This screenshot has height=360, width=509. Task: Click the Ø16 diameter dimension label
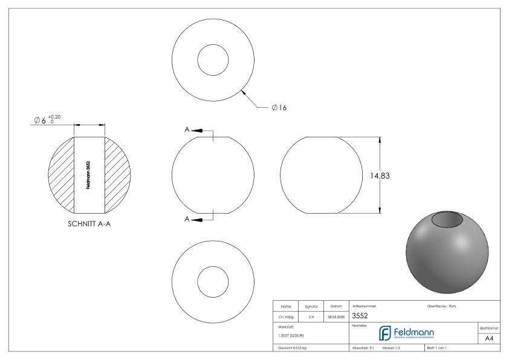[279, 108]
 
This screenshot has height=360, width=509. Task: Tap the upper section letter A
[188, 129]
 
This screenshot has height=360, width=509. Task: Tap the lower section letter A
[188, 218]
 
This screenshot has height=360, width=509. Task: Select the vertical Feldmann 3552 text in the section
[89, 175]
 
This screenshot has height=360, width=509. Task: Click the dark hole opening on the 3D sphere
[450, 219]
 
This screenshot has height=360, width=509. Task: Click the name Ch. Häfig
[286, 316]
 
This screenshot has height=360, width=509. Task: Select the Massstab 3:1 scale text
[365, 349]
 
